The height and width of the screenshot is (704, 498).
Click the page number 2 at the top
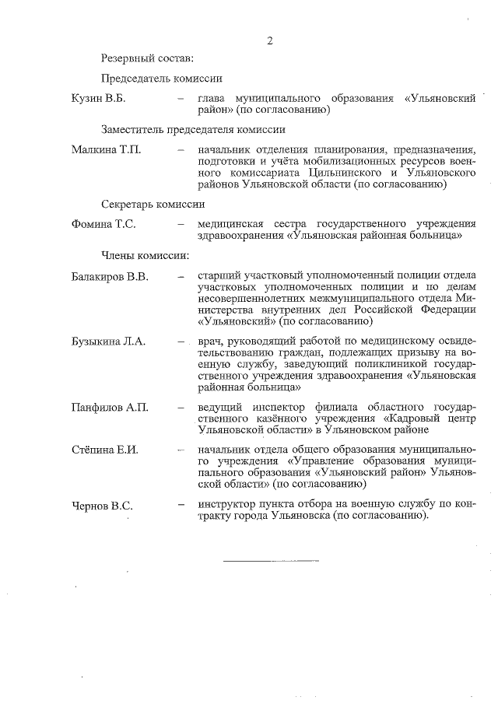tap(269, 40)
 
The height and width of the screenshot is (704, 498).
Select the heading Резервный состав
tap(147, 58)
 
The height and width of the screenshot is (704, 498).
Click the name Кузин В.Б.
tap(98, 99)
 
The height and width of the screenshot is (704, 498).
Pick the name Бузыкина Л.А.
tap(108, 341)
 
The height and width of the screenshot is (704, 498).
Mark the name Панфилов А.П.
tap(109, 407)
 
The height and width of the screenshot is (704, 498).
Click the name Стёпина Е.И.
tap(104, 451)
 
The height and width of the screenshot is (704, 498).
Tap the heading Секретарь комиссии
tap(153, 205)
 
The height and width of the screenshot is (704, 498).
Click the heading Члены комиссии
tap(145, 254)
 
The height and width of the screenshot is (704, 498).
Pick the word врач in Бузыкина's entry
tap(210, 341)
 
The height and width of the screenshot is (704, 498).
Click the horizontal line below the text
tap(271, 560)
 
